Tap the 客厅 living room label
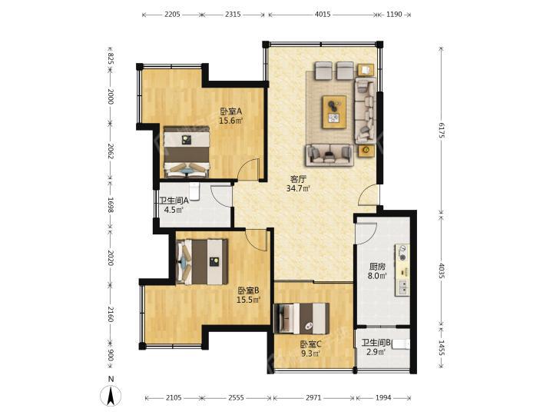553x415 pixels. (x=298, y=179)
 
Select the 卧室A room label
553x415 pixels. (x=231, y=111)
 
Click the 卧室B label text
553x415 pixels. (x=248, y=290)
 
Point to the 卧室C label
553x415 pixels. (x=310, y=344)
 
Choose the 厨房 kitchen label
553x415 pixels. (x=377, y=267)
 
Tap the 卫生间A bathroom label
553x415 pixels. (x=174, y=201)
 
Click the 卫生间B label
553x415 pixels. (x=376, y=342)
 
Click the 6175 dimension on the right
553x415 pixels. (x=441, y=131)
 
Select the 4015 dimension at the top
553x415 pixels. (x=323, y=15)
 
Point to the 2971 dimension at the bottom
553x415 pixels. (x=313, y=398)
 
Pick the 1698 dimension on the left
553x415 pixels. (x=111, y=205)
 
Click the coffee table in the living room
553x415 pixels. (x=334, y=112)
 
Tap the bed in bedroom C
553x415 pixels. (x=302, y=318)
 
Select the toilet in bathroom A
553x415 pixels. (x=194, y=191)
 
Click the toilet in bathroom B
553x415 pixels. (x=402, y=344)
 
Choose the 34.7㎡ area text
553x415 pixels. (x=298, y=188)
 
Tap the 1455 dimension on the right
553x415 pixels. (x=441, y=347)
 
